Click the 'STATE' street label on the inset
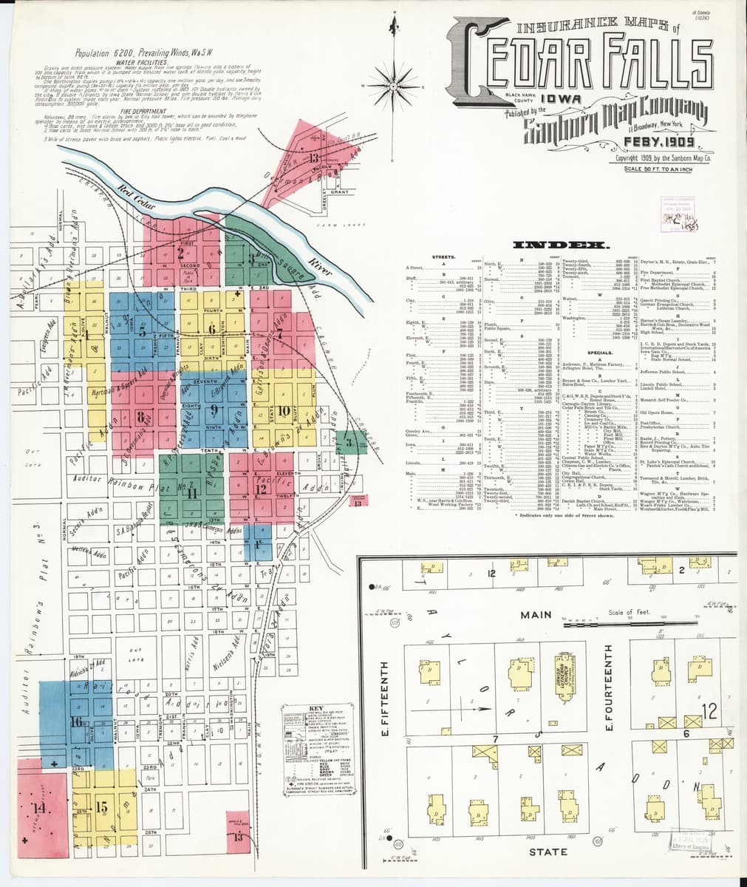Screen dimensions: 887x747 548,852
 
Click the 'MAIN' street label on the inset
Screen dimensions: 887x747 536,614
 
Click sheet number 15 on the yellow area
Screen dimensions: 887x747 101,806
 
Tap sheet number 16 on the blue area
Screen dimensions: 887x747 76,721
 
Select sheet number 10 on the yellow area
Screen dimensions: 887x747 284,410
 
